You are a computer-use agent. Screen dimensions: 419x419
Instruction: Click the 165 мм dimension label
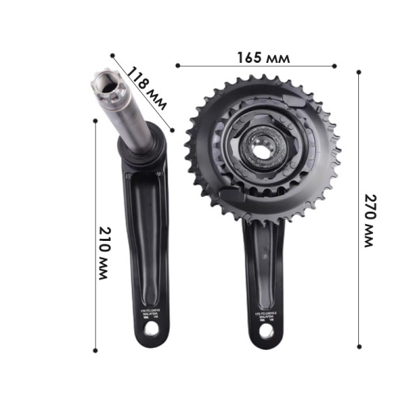[264, 57]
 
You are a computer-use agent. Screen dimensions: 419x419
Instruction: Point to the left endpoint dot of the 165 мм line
[178, 66]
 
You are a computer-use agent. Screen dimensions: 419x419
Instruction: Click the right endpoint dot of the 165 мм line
[335, 66]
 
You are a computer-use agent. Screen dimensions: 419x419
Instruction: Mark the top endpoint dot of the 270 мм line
[359, 71]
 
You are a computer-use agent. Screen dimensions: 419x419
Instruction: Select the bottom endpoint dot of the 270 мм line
[359, 345]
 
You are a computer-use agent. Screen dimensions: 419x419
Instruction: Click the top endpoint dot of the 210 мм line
[95, 120]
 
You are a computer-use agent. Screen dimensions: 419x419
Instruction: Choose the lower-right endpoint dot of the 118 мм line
[172, 128]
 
